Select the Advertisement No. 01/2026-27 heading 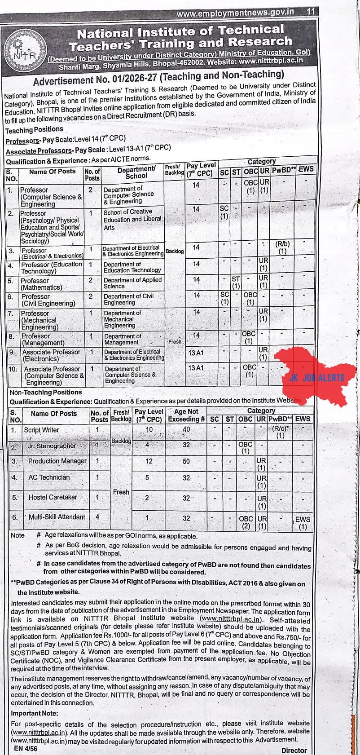point(158,77)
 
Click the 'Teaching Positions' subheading point(34,130)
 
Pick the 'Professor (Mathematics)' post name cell point(41,284)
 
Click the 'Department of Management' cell point(123,339)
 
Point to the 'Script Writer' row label point(41,430)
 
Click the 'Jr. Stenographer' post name point(52,446)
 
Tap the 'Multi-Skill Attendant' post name point(57,517)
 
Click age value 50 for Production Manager point(186,461)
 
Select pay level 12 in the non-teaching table point(149,461)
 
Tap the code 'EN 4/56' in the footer point(26,748)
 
